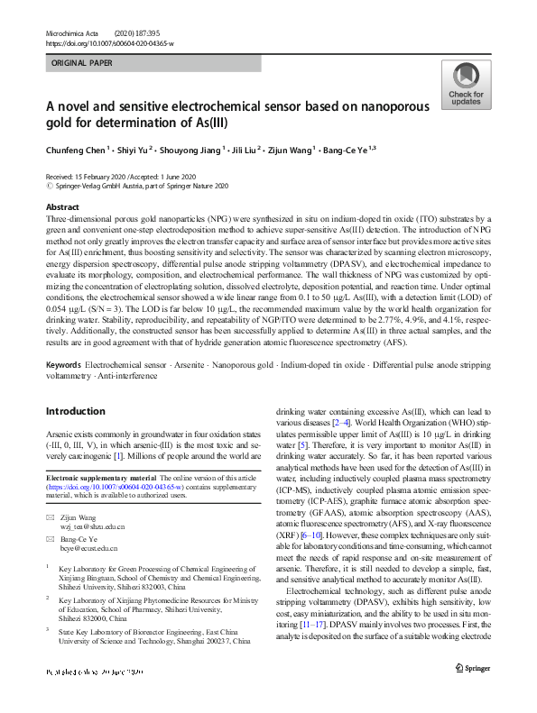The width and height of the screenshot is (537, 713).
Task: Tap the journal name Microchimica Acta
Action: coord(69,32)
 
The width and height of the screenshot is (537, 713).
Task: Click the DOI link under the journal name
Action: coord(109,42)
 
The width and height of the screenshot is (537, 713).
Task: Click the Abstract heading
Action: coord(62,207)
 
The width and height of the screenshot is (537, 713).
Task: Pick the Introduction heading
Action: coord(76,411)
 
